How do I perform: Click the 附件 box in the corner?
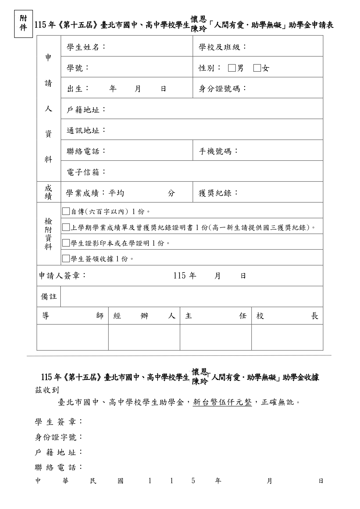(23, 23)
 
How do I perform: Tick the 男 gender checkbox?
(231, 68)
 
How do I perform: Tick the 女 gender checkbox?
(257, 68)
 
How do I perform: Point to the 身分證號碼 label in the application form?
(222, 89)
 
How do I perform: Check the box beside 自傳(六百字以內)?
(66, 211)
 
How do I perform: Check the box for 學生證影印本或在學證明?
(66, 243)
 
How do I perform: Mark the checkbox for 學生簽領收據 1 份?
(66, 258)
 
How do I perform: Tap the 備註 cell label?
(49, 297)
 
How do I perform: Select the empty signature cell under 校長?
(287, 337)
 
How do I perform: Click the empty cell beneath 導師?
(73, 337)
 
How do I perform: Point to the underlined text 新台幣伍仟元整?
(222, 402)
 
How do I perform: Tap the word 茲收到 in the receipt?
(47, 390)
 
